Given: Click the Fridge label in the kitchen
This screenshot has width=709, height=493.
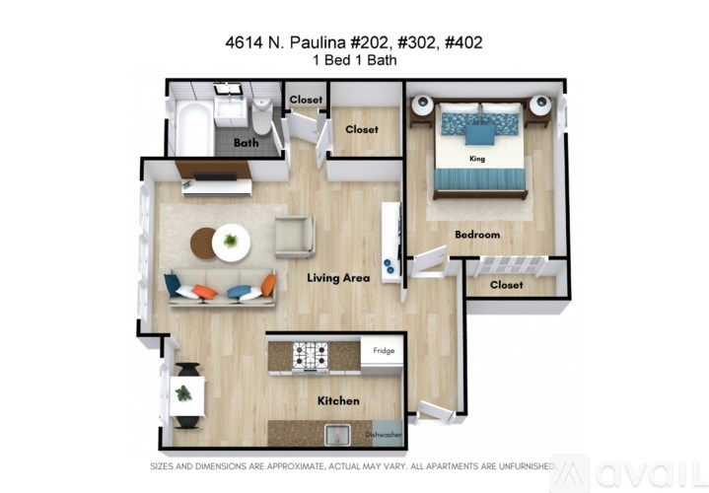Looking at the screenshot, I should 383,349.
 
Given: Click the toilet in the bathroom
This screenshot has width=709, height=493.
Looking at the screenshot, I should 261,116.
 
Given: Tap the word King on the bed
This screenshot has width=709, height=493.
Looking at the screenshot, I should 478,158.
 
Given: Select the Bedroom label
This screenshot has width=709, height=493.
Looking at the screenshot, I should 477,235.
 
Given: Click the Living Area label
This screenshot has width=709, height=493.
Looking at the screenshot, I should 338,278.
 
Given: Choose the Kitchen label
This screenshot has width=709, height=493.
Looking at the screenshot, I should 338,401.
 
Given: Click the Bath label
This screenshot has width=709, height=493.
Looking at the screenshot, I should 246,143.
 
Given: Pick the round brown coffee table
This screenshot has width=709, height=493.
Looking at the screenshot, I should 205,243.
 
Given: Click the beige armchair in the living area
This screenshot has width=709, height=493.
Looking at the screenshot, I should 294,237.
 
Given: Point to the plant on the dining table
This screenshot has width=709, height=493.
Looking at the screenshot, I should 183,393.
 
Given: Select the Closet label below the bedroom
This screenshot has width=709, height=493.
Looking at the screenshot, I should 506,285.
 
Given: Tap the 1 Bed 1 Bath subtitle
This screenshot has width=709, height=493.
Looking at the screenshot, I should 354,59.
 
